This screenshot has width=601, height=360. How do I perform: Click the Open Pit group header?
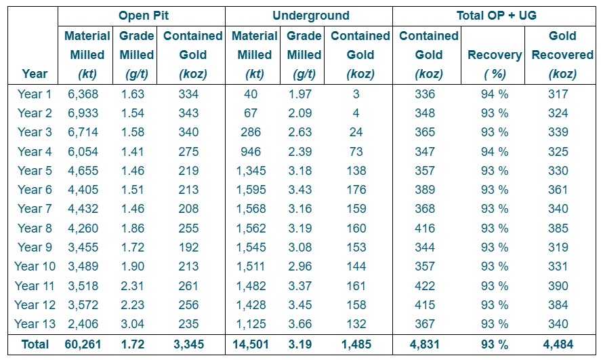143,15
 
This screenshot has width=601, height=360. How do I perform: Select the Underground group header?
311,15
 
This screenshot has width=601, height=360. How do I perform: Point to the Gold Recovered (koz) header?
562,55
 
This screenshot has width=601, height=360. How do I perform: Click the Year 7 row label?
35,209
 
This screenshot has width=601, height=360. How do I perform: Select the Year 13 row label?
35,323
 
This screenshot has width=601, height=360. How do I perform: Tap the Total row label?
35,344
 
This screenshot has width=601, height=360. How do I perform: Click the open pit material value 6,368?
83,94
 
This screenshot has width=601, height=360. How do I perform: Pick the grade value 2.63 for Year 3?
304,132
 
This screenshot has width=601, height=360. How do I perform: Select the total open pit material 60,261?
83,344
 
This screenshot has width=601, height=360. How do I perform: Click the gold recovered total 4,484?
562,344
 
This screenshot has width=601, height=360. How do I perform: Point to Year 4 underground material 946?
251,152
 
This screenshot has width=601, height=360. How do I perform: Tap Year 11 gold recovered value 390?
562,285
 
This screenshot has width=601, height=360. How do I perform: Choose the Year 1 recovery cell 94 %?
495,94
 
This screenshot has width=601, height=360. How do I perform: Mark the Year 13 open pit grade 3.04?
133,323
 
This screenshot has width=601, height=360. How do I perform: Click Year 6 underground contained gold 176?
356,190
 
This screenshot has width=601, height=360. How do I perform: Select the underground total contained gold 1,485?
356,344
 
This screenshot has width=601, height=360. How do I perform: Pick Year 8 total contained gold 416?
428,228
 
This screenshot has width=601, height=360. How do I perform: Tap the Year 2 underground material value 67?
251,113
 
